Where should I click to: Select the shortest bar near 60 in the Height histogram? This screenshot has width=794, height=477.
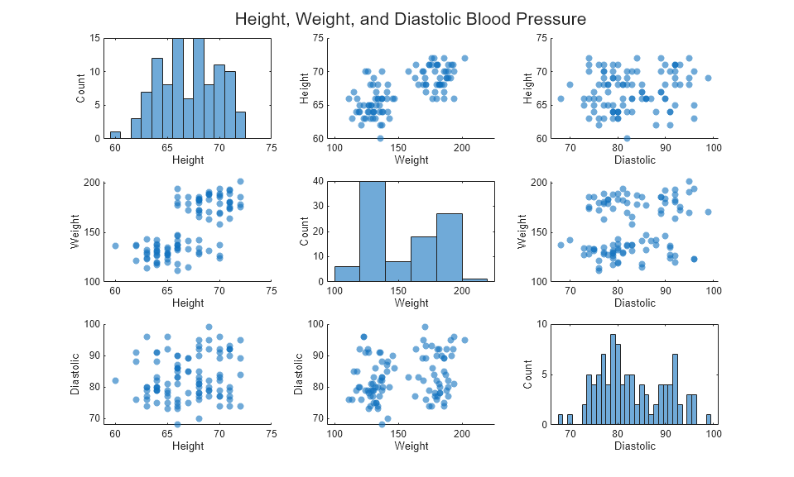click(115, 136)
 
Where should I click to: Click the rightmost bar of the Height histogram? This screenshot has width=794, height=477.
click(240, 125)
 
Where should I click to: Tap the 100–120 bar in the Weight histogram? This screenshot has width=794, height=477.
click(347, 274)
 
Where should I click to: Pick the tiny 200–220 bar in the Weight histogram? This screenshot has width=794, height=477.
click(475, 280)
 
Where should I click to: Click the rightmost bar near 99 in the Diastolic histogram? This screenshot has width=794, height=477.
click(709, 420)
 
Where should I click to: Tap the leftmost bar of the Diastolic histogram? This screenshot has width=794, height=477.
click(560, 420)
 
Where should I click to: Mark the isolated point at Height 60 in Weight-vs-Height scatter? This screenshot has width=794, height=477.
click(115, 246)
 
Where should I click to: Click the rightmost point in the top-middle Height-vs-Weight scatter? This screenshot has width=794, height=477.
click(464, 58)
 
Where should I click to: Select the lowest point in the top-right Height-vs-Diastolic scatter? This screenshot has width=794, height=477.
click(627, 138)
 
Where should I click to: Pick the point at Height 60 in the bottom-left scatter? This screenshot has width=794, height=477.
click(115, 380)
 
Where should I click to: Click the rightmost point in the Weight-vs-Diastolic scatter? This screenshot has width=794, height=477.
click(708, 212)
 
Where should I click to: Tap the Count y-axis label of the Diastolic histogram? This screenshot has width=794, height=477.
click(527, 374)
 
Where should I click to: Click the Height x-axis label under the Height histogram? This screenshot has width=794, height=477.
click(188, 160)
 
